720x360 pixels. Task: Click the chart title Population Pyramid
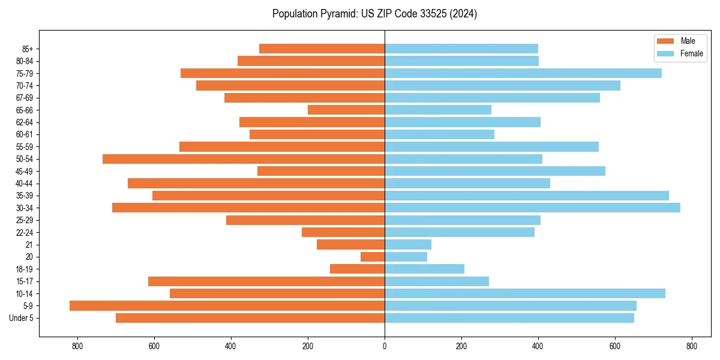click(374, 14)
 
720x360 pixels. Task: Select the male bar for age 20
click(373, 257)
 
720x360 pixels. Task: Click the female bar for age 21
click(408, 244)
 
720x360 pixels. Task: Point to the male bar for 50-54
click(244, 159)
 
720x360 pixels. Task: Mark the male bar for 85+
click(322, 49)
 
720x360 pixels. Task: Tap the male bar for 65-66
click(346, 110)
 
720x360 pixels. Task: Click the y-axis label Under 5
click(21, 318)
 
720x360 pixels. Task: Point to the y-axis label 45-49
click(25, 171)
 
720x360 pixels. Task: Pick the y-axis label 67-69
click(25, 98)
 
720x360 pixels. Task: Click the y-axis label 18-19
click(25, 269)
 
